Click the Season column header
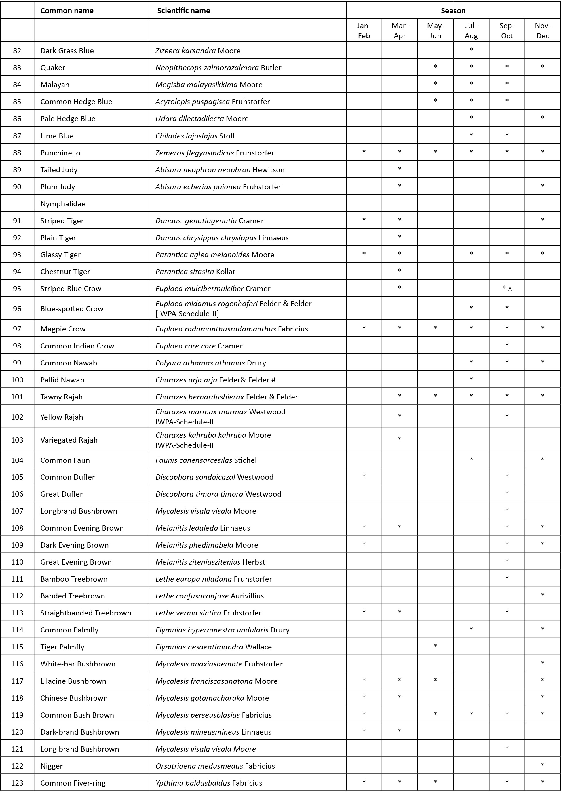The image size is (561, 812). click(x=453, y=11)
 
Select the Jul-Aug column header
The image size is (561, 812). click(x=471, y=31)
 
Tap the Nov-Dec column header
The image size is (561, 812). click(x=542, y=31)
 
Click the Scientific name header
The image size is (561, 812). click(x=183, y=11)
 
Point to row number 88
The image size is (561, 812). click(x=17, y=153)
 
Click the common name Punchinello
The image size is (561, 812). click(x=60, y=153)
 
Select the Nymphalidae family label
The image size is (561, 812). click(x=63, y=204)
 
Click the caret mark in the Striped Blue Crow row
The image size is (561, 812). click(x=510, y=289)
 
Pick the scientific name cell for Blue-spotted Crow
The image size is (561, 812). click(x=233, y=308)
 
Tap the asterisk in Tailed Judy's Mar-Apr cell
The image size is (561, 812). click(x=400, y=169)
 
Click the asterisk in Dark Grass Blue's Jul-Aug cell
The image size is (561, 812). click(x=471, y=49)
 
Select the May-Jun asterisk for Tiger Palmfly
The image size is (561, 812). click(x=435, y=646)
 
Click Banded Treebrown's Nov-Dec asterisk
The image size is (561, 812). click(x=542, y=595)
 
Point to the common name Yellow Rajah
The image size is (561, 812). click(x=62, y=417)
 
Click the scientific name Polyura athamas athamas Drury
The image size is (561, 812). click(x=210, y=363)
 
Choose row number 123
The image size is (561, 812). click(x=17, y=783)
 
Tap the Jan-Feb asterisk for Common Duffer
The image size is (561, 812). click(x=364, y=476)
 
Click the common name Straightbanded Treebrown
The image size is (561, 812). click(x=86, y=613)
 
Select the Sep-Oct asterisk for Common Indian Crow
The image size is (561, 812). click(x=507, y=345)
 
